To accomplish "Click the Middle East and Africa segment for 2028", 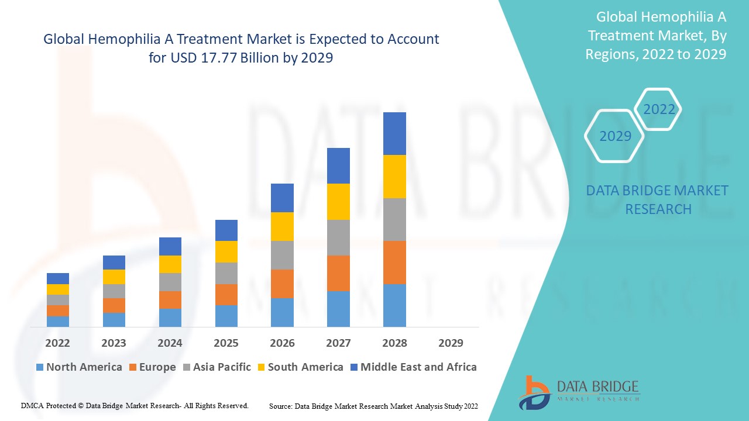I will click(x=394, y=133).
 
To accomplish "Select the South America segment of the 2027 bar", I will click(x=338, y=202).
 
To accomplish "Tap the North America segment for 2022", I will click(x=58, y=321).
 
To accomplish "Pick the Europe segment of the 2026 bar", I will click(x=282, y=284).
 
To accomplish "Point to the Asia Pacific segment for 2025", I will click(x=226, y=273).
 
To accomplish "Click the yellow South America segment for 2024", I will click(x=170, y=264).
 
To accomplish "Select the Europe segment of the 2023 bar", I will click(x=114, y=305).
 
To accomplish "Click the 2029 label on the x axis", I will click(x=451, y=343).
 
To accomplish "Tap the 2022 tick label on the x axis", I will click(x=58, y=343).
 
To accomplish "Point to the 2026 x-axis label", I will click(x=282, y=343).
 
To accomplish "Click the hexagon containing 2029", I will click(x=615, y=136).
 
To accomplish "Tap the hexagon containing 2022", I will click(x=659, y=109).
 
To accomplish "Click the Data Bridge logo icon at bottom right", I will click(x=533, y=392).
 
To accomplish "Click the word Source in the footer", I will click(x=281, y=406).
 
